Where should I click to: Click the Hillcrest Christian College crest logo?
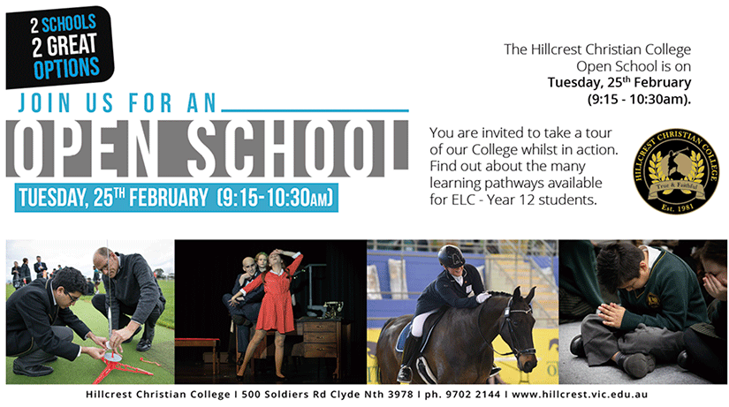677,171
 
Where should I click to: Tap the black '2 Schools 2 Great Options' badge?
59,47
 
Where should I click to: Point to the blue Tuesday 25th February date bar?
176,198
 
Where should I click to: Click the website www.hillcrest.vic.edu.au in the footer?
580,395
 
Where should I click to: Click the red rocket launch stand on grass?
122,367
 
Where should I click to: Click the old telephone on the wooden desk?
332,309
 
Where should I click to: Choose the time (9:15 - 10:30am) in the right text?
639,100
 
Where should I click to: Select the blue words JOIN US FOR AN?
118,103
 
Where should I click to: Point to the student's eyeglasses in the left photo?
72,296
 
